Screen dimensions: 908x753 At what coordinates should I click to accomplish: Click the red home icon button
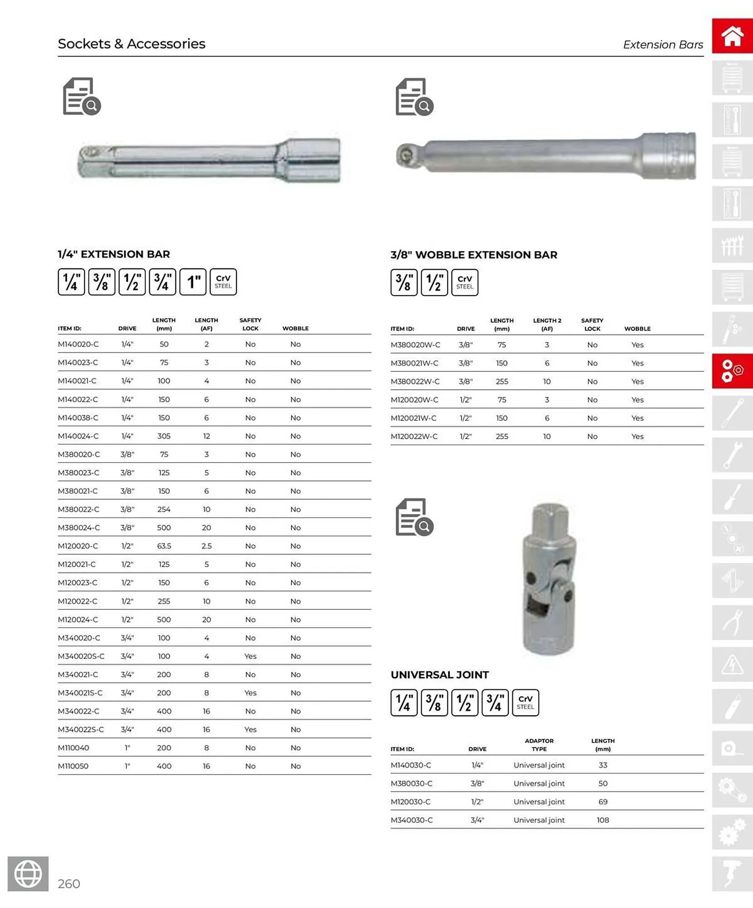tap(732, 36)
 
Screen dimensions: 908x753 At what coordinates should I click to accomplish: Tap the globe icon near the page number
tap(28, 873)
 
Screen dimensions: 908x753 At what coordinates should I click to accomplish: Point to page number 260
tap(69, 883)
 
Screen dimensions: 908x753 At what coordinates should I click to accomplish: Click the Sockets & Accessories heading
tap(132, 44)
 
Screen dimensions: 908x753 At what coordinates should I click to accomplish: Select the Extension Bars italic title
tap(663, 44)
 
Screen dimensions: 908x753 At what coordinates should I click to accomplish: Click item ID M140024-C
tap(78, 436)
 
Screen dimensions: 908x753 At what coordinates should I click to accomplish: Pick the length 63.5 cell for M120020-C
tap(164, 546)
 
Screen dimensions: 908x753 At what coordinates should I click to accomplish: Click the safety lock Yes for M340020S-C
tap(250, 656)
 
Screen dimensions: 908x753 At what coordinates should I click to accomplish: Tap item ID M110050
tap(73, 766)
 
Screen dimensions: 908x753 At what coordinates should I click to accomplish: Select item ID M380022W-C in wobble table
tap(415, 381)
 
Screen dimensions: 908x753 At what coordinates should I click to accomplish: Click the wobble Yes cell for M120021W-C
tap(637, 418)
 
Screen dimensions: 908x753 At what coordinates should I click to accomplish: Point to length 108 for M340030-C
tap(602, 820)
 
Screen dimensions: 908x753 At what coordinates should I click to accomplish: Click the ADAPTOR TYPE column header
tap(539, 745)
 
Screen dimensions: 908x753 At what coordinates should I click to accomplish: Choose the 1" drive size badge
tap(193, 282)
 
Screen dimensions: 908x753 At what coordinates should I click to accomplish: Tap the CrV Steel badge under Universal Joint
tap(525, 702)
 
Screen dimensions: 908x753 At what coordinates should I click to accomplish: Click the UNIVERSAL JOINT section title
tap(440, 675)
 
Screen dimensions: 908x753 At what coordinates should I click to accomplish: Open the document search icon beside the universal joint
tap(414, 517)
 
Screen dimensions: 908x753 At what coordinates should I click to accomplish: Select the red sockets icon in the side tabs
tap(732, 371)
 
